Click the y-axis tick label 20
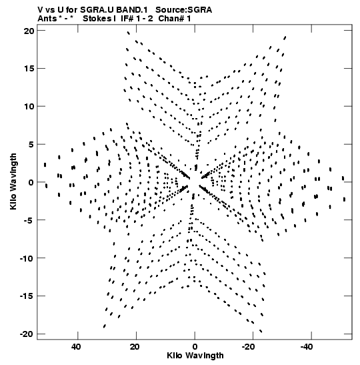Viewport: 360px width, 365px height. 29,31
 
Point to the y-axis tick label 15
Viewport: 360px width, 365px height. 29,69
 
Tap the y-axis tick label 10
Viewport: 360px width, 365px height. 29,107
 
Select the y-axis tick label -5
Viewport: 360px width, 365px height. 29,220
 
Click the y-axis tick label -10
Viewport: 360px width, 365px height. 27,258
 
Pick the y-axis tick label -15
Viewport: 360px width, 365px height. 27,296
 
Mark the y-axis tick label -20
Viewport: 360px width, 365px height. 27,334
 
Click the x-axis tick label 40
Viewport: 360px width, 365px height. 76,347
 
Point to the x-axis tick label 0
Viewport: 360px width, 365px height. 195,347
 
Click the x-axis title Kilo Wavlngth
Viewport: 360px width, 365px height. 195,356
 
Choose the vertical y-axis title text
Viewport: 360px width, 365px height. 13,181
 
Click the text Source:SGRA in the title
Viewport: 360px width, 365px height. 184,10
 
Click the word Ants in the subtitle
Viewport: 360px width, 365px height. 47,19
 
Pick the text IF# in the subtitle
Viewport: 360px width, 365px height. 127,19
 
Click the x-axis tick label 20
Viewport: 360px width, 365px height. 135,347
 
